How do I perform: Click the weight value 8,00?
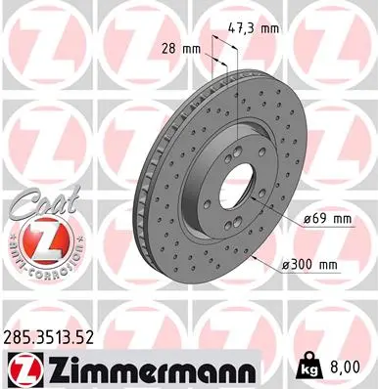coord(354,367)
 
